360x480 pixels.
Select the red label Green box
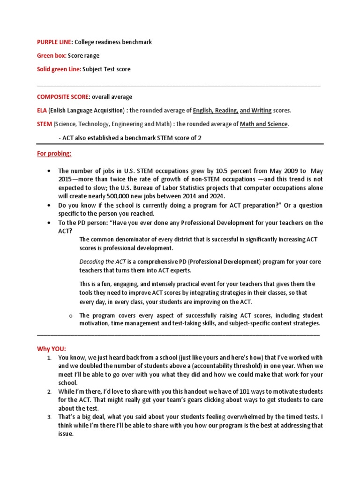coord(52,56)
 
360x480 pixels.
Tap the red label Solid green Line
coord(59,69)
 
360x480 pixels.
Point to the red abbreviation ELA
coord(42,111)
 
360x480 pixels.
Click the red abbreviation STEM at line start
coord(45,124)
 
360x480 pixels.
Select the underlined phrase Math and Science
coord(264,124)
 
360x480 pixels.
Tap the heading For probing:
coord(54,154)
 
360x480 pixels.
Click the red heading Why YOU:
coord(52,349)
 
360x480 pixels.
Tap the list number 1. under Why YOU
coord(49,358)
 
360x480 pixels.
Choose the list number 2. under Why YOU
coord(49,391)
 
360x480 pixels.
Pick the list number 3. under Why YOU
coord(49,417)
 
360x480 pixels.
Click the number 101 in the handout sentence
coord(219,391)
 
